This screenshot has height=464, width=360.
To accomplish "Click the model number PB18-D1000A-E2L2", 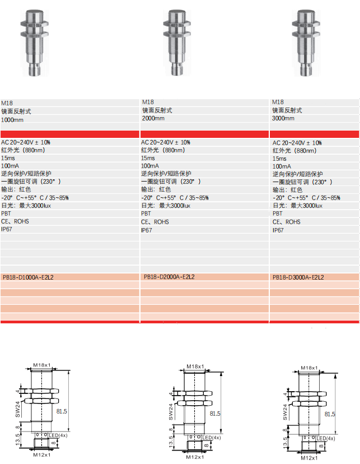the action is click(28, 277).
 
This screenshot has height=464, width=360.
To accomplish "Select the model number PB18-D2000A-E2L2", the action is click(169, 277).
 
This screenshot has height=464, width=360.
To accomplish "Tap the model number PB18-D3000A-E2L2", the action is click(298, 277).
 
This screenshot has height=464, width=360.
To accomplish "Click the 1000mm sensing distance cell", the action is click(12, 120).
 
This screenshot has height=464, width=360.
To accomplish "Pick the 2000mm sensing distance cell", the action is click(153, 118).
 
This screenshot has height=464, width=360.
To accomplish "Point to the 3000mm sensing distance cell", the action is click(283, 118).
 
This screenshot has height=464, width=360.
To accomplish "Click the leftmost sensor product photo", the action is click(35, 43).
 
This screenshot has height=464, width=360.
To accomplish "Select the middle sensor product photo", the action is click(177, 43).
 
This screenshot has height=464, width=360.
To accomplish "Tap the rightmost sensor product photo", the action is click(306, 43).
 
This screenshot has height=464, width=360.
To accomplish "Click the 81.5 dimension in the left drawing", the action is click(62, 411).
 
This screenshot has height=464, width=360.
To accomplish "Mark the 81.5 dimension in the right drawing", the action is click(330, 414).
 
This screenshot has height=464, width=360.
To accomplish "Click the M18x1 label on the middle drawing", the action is click(195, 366).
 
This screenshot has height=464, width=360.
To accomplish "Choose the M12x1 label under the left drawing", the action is click(41, 455).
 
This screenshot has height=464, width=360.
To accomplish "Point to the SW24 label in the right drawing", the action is click(285, 412).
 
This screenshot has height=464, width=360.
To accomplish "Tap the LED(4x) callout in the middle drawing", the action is click(211, 437).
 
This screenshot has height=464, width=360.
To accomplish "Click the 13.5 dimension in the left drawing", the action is click(18, 439).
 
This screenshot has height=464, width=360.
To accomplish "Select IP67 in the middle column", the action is click(146, 230).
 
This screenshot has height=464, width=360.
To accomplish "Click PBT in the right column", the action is click(278, 214).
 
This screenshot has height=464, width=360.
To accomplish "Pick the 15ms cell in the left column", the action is click(8, 158).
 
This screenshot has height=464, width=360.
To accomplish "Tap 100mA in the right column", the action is click(282, 166).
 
